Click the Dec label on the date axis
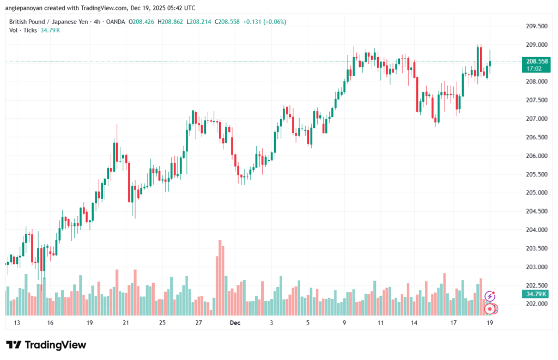coord(235,323)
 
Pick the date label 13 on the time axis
coord(17,323)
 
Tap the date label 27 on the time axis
coord(199,323)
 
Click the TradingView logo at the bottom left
coord(46,345)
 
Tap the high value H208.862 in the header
coord(170,22)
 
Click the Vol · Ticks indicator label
coord(22,30)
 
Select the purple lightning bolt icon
coord(489,296)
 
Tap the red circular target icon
coord(490,309)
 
